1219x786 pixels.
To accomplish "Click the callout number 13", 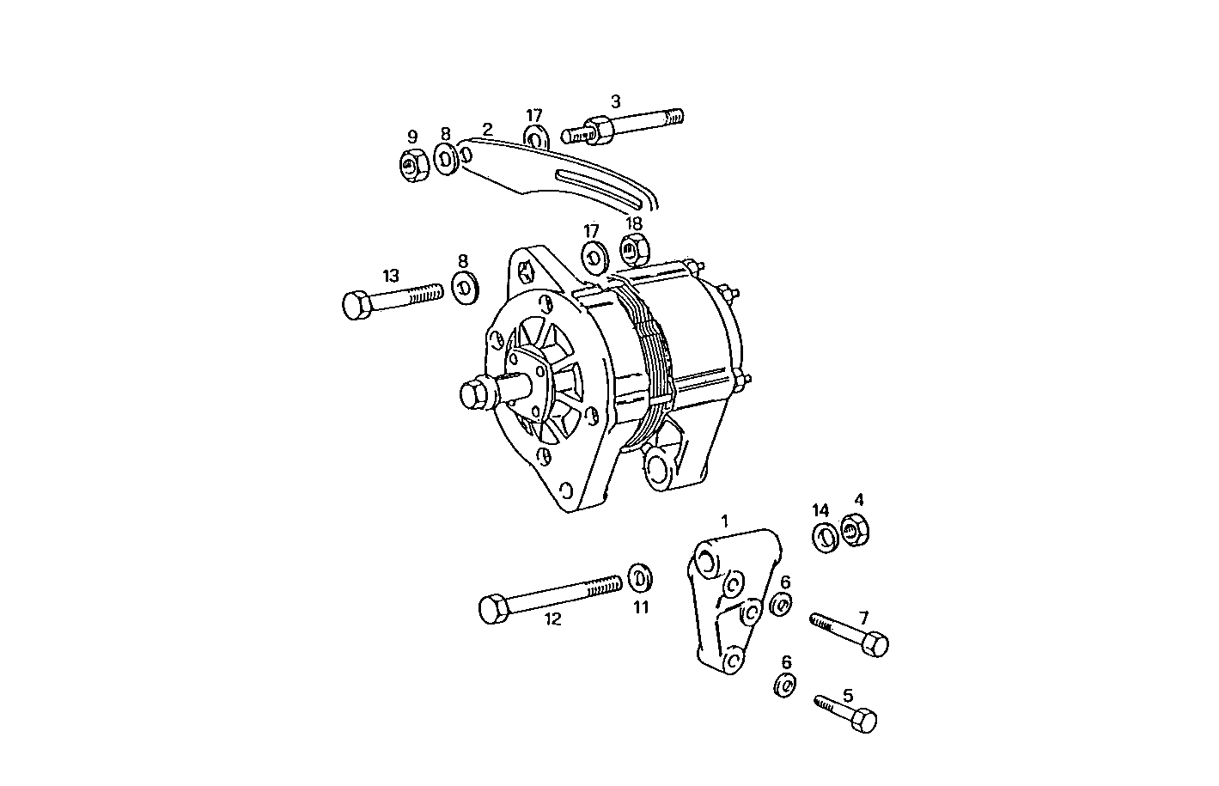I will click(x=391, y=276).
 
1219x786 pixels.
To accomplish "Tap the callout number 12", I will click(x=553, y=618).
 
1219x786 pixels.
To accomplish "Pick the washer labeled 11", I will click(x=639, y=578).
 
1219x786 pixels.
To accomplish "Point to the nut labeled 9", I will click(x=413, y=163).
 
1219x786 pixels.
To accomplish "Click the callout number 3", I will click(x=615, y=101).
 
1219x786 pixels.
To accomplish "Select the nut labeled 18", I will click(x=634, y=251).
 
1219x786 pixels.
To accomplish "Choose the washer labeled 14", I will click(x=826, y=537).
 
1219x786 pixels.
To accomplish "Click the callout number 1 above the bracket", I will click(x=724, y=521).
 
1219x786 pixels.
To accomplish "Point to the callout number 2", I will click(x=487, y=130).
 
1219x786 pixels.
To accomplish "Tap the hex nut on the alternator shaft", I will click(x=474, y=395).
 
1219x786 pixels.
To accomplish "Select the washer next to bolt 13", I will click(x=465, y=286).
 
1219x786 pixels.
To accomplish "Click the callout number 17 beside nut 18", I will click(x=591, y=231).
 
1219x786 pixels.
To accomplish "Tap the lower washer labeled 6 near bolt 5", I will click(x=783, y=685).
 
